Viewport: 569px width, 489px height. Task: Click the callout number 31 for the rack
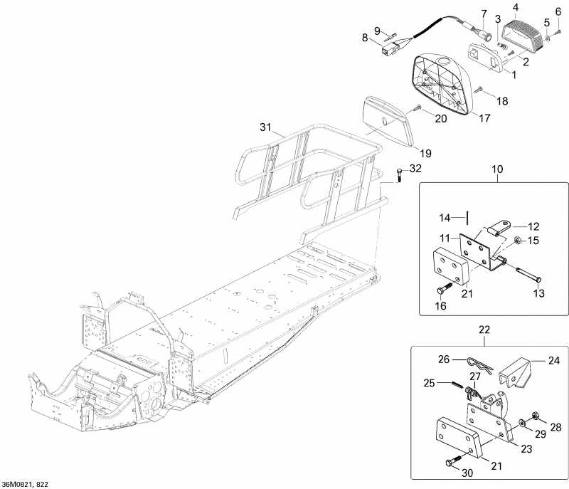(265, 127)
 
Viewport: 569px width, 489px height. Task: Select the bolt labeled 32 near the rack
(400, 174)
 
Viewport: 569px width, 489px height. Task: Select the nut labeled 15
(517, 241)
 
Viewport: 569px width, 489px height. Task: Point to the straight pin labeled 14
(467, 217)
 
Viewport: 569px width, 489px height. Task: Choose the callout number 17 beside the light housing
(484, 118)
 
